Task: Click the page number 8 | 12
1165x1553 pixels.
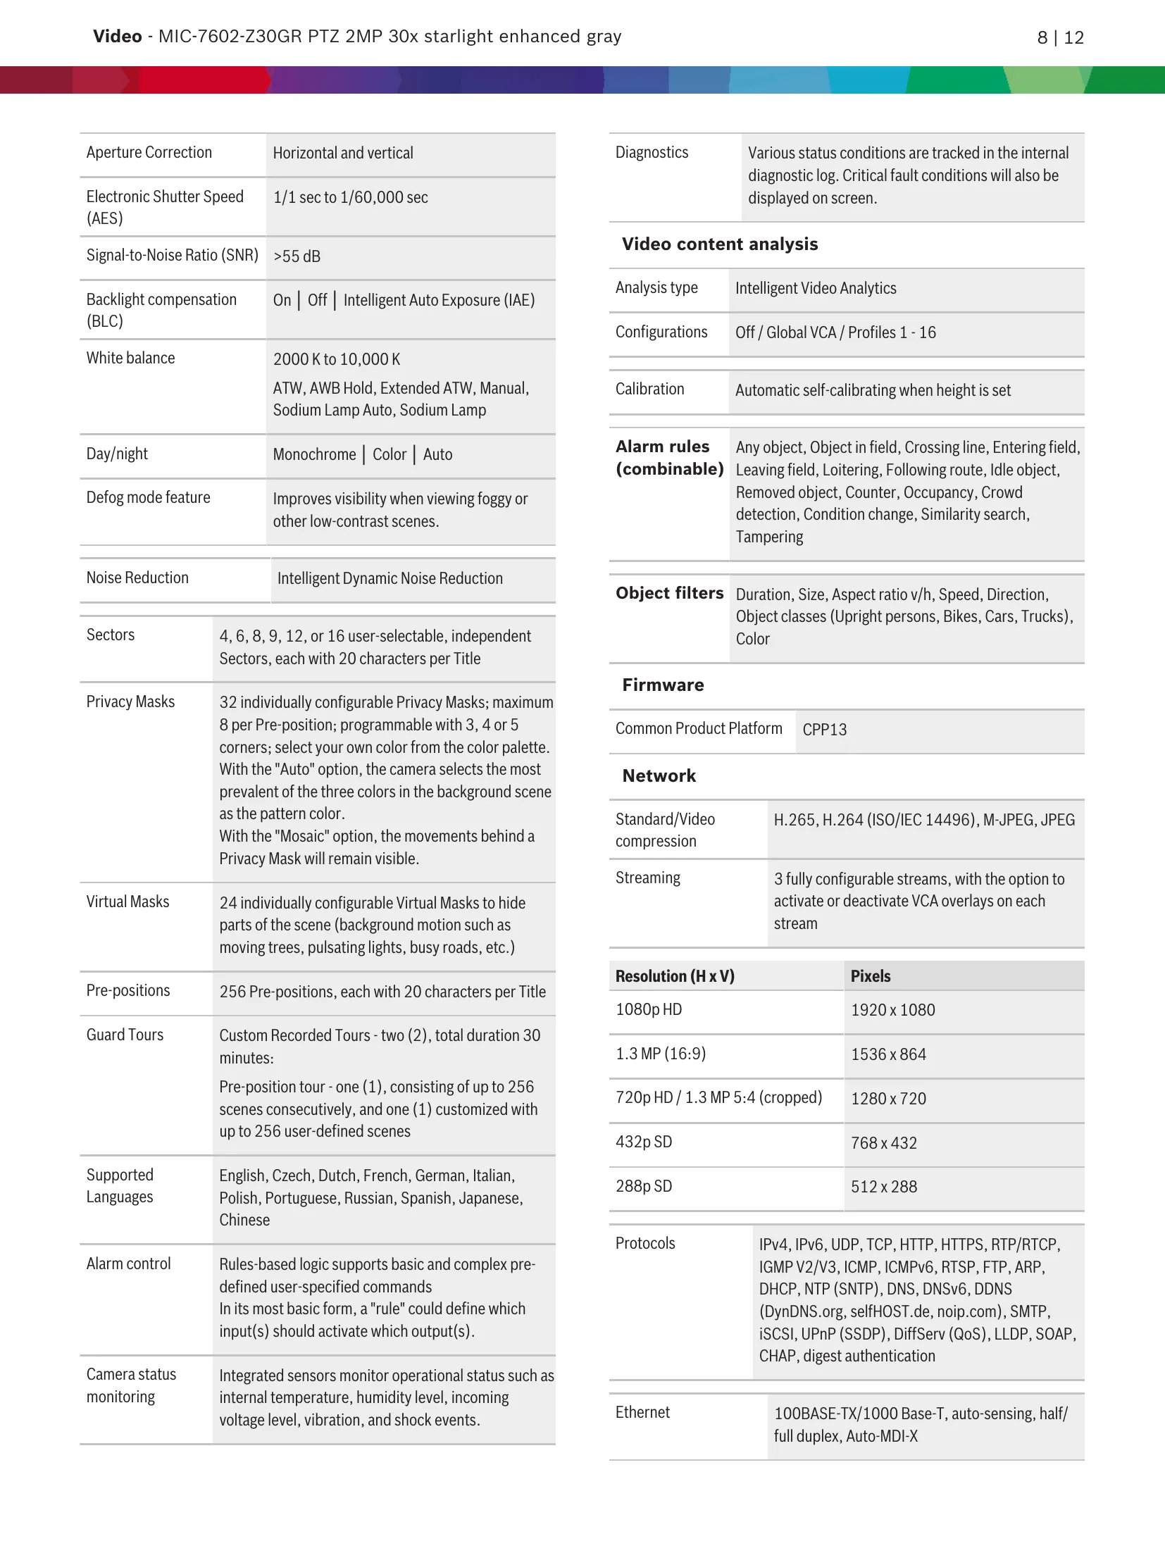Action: tap(1060, 37)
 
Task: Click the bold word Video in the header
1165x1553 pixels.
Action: tap(117, 37)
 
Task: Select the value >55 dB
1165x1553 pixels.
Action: tap(297, 256)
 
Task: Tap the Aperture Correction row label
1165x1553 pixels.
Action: tap(149, 153)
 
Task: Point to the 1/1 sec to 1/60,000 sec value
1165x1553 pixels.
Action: tap(350, 197)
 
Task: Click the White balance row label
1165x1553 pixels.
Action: tap(130, 358)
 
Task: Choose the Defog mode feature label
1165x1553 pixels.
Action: tap(148, 497)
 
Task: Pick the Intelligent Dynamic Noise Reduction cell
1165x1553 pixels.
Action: tap(390, 578)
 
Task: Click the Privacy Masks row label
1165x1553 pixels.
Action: tap(130, 701)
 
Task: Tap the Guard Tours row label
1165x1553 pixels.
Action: tap(125, 1035)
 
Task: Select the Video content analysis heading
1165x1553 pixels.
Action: tap(719, 244)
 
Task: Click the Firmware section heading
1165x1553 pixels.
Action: tap(663, 685)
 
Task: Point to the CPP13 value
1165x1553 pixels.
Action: tap(824, 730)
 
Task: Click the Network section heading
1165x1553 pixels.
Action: tap(659, 776)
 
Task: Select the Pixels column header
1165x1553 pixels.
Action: tap(870, 976)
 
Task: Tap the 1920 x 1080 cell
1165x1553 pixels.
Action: tap(892, 1010)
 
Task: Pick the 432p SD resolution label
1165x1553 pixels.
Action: tap(643, 1142)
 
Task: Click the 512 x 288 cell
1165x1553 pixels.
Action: tap(883, 1187)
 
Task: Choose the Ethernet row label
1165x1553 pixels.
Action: tap(642, 1412)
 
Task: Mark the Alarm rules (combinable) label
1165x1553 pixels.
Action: tap(669, 458)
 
